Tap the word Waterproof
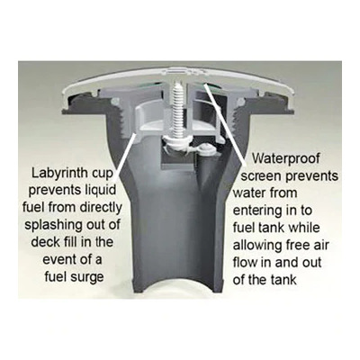285,158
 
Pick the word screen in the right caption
261,176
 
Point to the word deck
43,242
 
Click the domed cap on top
177,78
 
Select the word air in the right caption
320,246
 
